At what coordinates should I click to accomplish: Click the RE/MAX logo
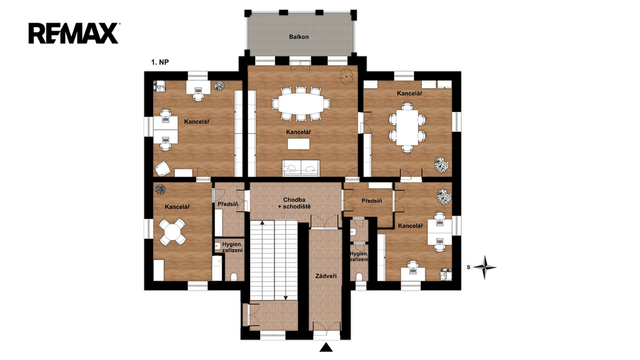coord(74,34)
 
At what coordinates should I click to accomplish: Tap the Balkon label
coord(299,37)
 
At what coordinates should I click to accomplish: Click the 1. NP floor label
coord(160,62)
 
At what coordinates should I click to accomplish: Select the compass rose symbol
coord(485,267)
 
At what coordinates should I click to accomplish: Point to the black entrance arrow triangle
coord(326,347)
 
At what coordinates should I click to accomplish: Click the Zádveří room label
coord(326,276)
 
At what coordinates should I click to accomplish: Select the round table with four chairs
coord(172,232)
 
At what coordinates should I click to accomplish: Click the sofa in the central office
coord(301,167)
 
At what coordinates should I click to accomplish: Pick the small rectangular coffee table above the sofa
coord(298,144)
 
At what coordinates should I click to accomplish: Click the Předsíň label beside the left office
coord(227,204)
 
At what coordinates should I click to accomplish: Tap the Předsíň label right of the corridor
coord(372,201)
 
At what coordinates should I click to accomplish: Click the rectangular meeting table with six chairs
coord(407,127)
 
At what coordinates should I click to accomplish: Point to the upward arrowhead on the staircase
coord(262,223)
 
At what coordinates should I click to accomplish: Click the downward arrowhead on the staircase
coord(286,297)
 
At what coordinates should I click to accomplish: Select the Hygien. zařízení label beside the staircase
coord(232,247)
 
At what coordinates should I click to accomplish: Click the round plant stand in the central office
coord(346,76)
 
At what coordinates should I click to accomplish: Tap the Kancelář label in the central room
coord(298,132)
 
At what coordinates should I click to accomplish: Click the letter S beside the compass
coord(469,267)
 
